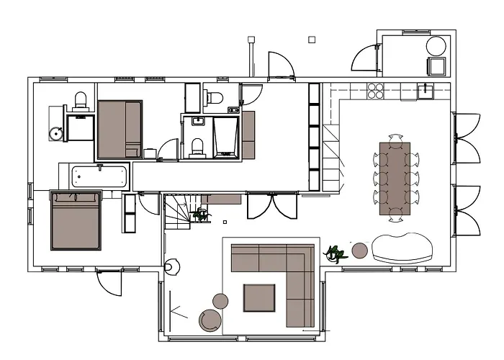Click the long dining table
(395, 177)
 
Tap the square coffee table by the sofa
(258, 298)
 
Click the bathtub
(100, 176)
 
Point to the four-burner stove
(376, 91)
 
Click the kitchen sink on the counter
(425, 91)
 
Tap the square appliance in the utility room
(436, 66)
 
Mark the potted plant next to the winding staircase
(201, 214)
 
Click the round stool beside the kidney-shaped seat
(360, 250)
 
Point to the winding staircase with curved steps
(178, 212)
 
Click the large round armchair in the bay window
(211, 320)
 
